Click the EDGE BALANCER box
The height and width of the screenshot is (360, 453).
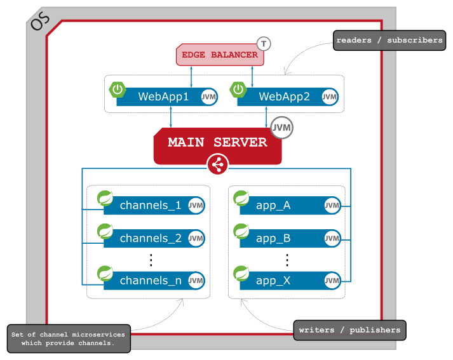[x=220, y=55]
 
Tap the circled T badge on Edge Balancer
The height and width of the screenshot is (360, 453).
[x=264, y=44]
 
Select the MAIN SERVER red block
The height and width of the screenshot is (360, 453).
[x=217, y=143]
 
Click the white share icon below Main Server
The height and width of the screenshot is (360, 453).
[x=217, y=166]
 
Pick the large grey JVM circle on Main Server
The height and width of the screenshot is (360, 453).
[x=281, y=128]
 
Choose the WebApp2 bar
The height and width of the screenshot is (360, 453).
[x=283, y=97]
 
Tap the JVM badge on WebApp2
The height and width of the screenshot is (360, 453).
[x=329, y=97]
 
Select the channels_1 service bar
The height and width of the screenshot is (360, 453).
[x=150, y=205]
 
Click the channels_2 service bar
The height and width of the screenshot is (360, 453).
[x=150, y=239]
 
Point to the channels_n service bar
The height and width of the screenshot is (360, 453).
[x=150, y=281]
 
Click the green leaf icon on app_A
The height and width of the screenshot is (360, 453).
[x=241, y=198]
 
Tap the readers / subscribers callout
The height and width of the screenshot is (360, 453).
[x=389, y=41]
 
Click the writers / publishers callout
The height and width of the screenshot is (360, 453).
[x=349, y=330]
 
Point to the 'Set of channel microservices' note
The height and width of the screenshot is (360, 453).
[x=69, y=338]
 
